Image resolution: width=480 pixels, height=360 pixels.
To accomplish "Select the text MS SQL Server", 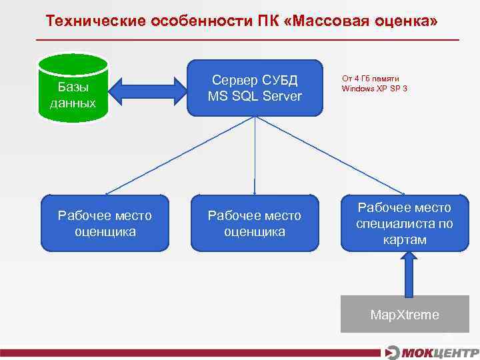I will [x=255, y=97].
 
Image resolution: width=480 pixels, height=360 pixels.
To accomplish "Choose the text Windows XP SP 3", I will [x=375, y=88].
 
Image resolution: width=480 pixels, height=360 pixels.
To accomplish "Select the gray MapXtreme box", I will [x=405, y=314].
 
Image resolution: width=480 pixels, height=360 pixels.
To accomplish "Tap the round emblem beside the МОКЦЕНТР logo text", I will [x=393, y=352].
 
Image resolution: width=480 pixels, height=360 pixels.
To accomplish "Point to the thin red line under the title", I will [x=247, y=40].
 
